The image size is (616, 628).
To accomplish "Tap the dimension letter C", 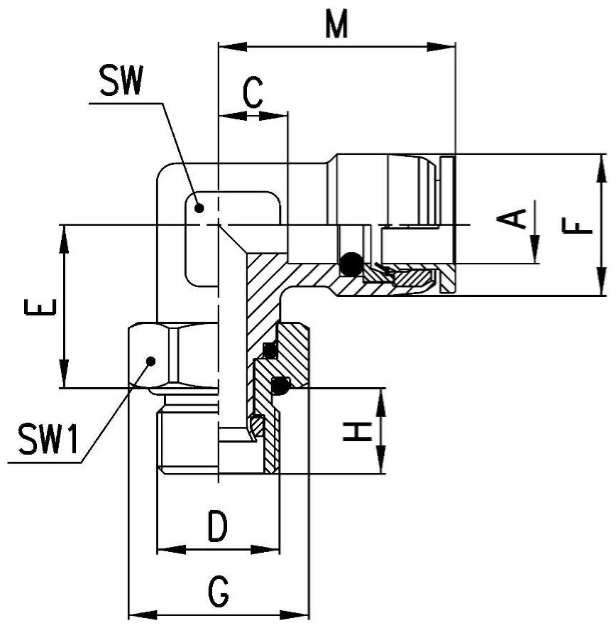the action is (253, 92).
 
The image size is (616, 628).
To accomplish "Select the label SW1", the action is (48, 439).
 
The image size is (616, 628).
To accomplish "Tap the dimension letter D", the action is (218, 526).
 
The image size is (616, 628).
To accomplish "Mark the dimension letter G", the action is (219, 591).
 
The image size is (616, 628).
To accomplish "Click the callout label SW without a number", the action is (121, 80).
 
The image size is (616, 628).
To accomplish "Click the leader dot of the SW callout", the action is (199, 208).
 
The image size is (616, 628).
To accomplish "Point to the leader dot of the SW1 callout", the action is (150, 362).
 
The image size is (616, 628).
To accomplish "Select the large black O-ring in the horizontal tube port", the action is (351, 264).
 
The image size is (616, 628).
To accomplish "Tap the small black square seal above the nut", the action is (270, 350).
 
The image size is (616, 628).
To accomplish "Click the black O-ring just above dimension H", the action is (280, 385).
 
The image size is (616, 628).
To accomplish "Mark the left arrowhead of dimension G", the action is (143, 615).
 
